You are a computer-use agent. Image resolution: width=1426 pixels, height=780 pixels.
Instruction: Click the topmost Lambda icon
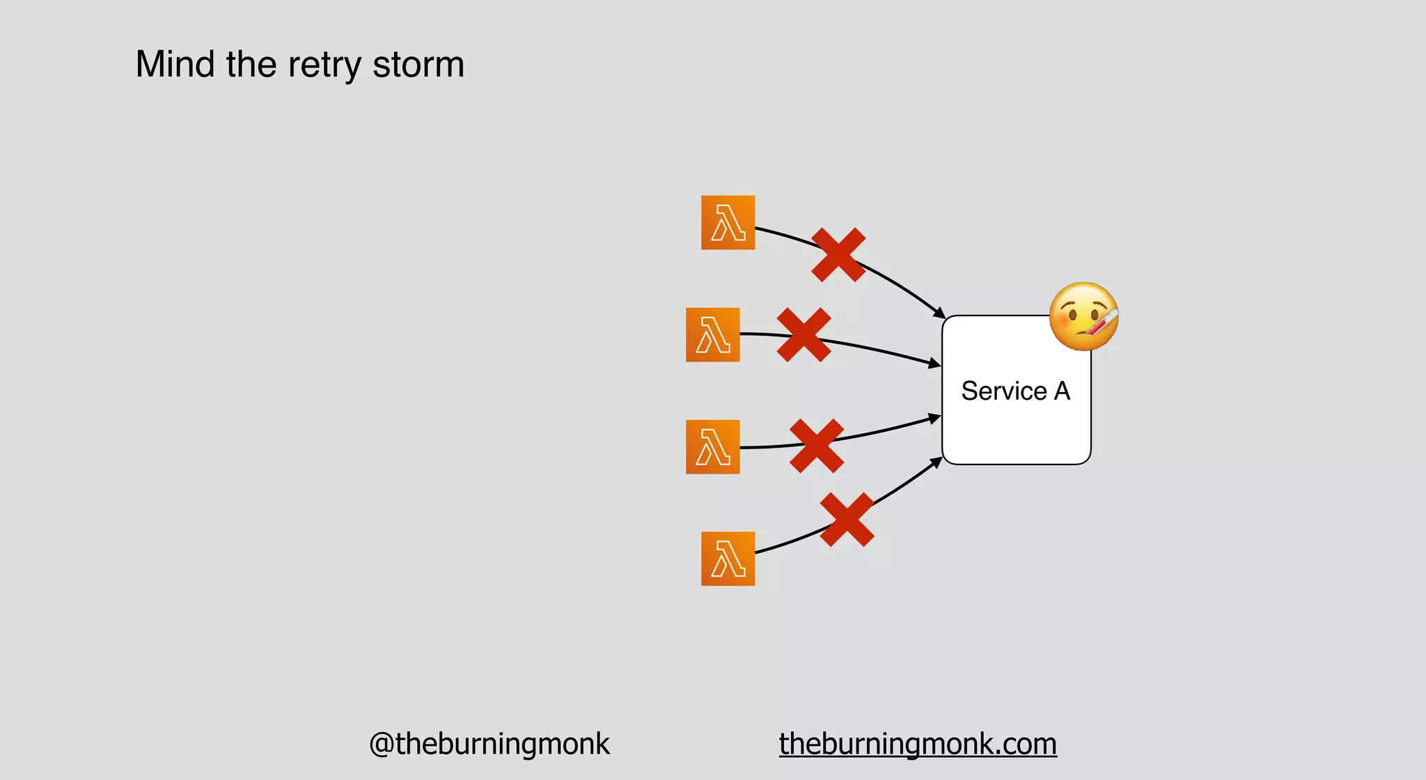tap(728, 223)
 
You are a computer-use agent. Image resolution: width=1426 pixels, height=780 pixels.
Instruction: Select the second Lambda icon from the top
tap(712, 335)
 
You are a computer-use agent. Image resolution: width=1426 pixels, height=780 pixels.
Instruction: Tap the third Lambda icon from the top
tap(712, 447)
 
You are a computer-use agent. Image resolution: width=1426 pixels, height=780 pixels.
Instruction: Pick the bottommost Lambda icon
tap(728, 559)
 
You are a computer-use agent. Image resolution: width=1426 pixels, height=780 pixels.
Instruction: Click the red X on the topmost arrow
tap(838, 255)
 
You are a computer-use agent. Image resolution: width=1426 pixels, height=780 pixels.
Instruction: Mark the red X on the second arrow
tap(804, 335)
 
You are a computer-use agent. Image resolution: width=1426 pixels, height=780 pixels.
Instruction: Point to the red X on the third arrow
tap(817, 446)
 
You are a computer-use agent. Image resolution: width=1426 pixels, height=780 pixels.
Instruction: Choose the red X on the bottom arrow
tap(847, 520)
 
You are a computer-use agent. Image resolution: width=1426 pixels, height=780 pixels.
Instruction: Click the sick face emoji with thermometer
tap(1083, 317)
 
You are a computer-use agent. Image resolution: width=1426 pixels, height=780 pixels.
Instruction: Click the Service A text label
tap(1015, 391)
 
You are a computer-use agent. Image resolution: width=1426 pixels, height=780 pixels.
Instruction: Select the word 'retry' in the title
tap(324, 65)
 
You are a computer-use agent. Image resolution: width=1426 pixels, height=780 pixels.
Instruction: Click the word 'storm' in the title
tap(418, 65)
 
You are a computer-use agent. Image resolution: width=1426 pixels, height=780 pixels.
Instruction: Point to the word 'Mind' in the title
tap(175, 65)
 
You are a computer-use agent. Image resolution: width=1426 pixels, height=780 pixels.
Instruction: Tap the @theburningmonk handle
tap(489, 744)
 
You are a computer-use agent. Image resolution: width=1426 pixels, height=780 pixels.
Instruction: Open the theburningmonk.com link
tap(918, 744)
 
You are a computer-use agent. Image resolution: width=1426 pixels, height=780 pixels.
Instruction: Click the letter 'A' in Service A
tap(1062, 391)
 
